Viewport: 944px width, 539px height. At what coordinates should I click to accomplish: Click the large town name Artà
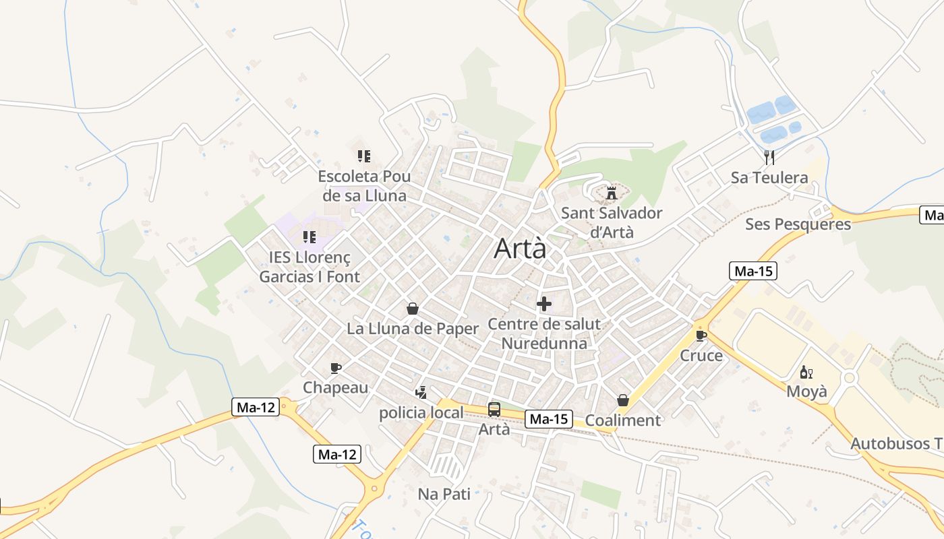[x=520, y=249]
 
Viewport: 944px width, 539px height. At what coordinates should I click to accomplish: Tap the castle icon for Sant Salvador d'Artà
[x=612, y=194]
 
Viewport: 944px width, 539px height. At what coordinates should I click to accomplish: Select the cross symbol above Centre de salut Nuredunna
[x=544, y=304]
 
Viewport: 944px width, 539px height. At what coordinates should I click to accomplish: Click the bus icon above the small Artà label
[x=494, y=409]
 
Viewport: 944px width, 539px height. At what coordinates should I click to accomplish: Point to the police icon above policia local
[x=421, y=392]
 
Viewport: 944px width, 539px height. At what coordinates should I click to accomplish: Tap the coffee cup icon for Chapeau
[x=336, y=368]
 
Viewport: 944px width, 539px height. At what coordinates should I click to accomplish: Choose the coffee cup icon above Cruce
[x=701, y=336]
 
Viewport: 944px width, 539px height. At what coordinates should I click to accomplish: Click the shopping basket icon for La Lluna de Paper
[x=413, y=309]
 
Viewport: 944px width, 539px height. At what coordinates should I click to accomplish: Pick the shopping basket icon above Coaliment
[x=623, y=400]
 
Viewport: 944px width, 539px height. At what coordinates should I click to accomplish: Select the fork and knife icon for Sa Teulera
[x=769, y=158]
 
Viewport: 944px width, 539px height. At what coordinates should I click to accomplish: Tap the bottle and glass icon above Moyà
[x=806, y=372]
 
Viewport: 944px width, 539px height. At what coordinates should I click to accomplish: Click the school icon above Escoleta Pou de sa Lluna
[x=364, y=156]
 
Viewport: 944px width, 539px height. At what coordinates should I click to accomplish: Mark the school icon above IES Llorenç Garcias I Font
[x=309, y=236]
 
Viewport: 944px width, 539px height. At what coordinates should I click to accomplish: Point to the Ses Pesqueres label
[x=798, y=224]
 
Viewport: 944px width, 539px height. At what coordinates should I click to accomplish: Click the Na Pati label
[x=444, y=494]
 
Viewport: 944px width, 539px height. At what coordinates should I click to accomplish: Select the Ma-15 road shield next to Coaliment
[x=549, y=419]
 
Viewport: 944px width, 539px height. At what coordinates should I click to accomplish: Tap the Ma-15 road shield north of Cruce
[x=753, y=272]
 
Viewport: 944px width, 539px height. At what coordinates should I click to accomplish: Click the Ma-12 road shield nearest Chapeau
[x=256, y=407]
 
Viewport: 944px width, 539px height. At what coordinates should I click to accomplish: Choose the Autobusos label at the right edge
[x=895, y=444]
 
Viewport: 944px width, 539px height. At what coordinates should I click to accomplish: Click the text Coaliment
[x=623, y=420]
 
